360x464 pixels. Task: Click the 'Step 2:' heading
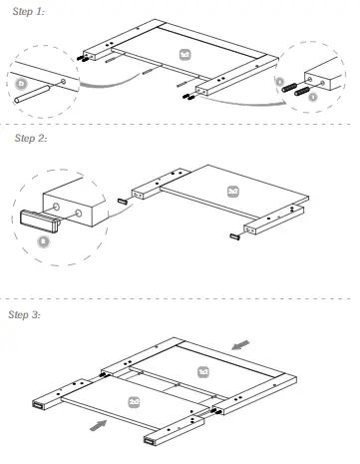tap(31, 138)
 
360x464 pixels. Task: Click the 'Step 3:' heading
tap(25, 315)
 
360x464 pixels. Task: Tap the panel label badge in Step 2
tap(232, 189)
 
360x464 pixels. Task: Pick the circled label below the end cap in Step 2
tap(42, 240)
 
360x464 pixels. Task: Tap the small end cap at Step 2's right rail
tap(237, 235)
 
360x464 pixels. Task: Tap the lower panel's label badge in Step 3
tap(135, 399)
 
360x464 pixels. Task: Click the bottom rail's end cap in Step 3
tap(152, 439)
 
